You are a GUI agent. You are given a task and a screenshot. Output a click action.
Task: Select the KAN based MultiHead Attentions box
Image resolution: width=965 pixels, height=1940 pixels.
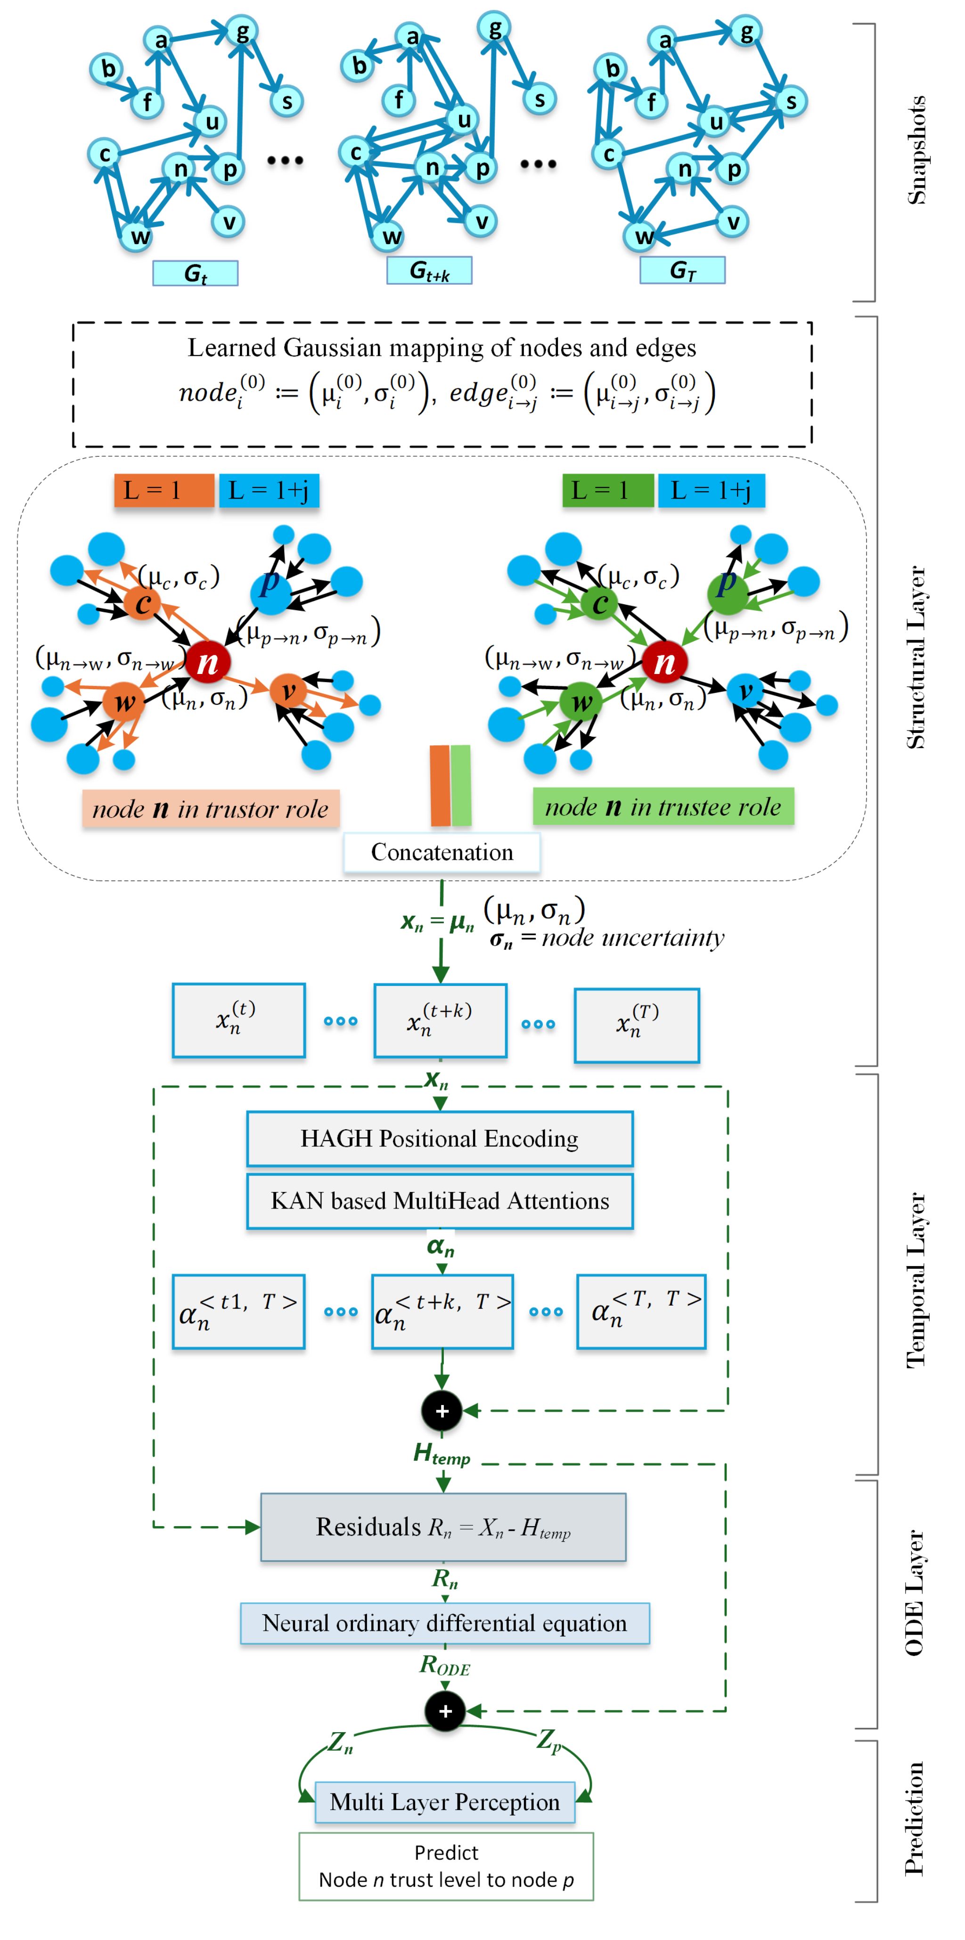(440, 1200)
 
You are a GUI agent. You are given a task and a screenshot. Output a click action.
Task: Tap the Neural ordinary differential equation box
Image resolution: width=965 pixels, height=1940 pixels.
(444, 1623)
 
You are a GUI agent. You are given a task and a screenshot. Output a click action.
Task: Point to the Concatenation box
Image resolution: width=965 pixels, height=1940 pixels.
(442, 852)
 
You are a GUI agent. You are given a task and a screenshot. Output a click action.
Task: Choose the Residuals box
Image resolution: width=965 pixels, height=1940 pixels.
(442, 1527)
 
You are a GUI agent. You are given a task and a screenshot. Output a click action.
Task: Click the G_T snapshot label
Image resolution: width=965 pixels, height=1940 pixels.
(682, 270)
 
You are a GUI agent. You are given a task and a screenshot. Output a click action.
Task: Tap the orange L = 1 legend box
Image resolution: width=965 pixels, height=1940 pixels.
(164, 490)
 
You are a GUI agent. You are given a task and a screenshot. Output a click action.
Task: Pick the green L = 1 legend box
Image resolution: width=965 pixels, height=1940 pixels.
(607, 490)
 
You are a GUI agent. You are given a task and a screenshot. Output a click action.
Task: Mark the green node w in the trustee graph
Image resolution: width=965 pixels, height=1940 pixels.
(581, 702)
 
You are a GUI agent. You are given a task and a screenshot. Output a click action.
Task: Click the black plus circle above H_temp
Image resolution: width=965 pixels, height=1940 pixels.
(442, 1411)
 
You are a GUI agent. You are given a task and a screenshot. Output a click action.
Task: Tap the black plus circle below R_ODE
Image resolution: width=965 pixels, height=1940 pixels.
(445, 1710)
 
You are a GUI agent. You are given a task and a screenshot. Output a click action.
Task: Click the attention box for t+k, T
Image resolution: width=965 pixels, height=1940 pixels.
(442, 1311)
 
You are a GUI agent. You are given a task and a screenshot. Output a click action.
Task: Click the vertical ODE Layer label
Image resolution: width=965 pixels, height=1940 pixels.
(914, 1593)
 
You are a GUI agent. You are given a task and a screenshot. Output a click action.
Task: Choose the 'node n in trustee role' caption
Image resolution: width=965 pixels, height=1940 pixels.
(663, 806)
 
